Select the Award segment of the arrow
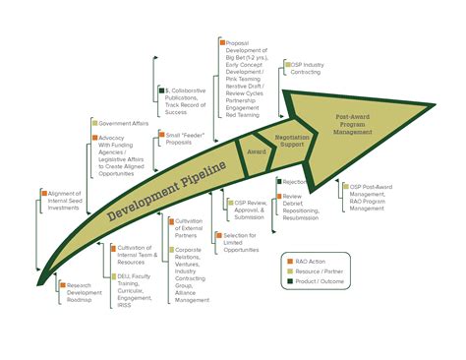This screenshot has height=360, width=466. coord(256,152)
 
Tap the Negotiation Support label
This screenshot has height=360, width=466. coord(292,142)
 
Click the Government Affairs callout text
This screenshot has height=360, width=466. coord(123,123)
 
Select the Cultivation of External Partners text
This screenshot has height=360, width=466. coord(193,228)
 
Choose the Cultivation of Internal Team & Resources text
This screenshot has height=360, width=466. coord(138,256)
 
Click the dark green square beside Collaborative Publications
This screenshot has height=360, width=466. coord(161,90)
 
